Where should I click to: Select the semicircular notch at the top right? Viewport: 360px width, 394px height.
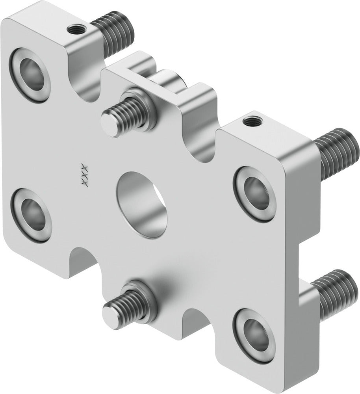(200, 146)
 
